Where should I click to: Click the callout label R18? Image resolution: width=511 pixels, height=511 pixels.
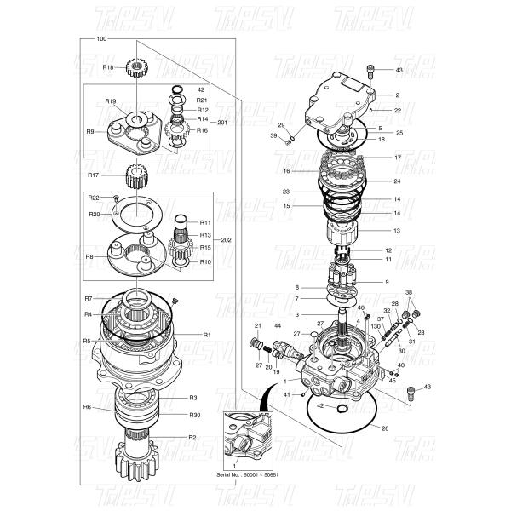(108, 66)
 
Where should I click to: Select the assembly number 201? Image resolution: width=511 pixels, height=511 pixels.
(223, 122)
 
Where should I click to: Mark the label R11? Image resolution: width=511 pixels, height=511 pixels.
(205, 222)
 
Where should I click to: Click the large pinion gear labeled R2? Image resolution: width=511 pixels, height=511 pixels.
(140, 461)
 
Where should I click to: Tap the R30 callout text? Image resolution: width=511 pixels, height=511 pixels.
(194, 415)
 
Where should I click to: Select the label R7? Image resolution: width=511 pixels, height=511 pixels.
(88, 299)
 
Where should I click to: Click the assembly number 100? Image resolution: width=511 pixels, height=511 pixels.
(102, 39)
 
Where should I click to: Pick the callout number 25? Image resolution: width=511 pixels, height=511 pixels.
(399, 133)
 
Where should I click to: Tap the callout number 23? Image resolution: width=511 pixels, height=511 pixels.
(286, 192)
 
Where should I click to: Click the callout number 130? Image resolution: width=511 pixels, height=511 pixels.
(376, 326)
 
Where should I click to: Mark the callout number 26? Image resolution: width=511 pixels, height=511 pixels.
(384, 428)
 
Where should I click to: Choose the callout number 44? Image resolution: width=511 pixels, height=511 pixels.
(278, 326)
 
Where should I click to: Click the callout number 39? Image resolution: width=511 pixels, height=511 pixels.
(273, 135)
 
